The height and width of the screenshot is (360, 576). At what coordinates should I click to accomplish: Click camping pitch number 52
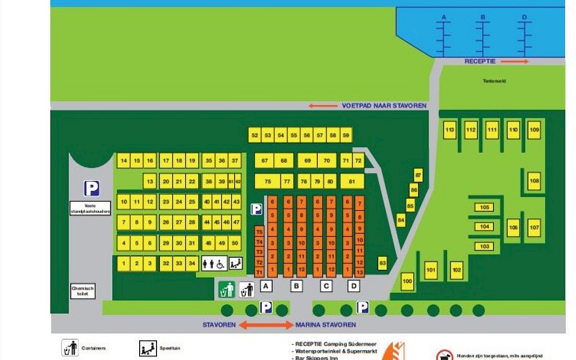(255, 135)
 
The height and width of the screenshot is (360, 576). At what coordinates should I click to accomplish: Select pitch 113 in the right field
(450, 130)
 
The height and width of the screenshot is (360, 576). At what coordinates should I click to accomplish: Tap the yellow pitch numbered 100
(408, 281)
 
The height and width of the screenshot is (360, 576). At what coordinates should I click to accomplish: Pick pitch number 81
(352, 181)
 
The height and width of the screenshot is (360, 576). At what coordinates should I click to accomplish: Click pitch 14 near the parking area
(124, 160)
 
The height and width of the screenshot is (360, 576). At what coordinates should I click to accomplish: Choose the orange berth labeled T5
(259, 232)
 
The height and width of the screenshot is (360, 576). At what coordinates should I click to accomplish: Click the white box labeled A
(266, 287)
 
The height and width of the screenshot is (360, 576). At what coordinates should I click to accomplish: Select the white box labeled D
(354, 287)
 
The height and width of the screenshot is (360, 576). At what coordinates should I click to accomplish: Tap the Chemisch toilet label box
(83, 291)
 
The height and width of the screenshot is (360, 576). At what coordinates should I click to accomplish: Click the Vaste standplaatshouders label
(90, 208)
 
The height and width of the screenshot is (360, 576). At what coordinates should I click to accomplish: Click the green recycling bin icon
(227, 289)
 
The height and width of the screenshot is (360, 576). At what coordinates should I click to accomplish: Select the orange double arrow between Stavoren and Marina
(266, 325)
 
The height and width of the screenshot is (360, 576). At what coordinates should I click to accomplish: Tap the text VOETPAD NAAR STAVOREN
(384, 106)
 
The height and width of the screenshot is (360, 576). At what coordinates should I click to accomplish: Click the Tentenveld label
(494, 81)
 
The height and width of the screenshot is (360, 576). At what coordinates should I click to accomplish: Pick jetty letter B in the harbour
(483, 17)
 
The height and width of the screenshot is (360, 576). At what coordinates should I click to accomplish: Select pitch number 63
(383, 263)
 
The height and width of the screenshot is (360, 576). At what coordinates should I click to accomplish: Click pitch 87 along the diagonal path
(419, 175)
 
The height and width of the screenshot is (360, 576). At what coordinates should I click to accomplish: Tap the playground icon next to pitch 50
(236, 263)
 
